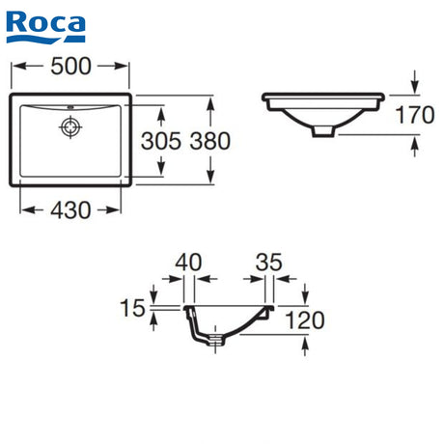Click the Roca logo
coord(45,27)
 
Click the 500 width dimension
coord(71,67)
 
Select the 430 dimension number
coord(70,210)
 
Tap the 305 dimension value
coord(161,141)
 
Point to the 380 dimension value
coord(210,141)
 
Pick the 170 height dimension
coord(415,115)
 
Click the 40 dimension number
coord(188,263)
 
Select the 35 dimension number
coord(269,263)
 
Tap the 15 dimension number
coord(132,308)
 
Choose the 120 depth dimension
coord(305,320)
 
